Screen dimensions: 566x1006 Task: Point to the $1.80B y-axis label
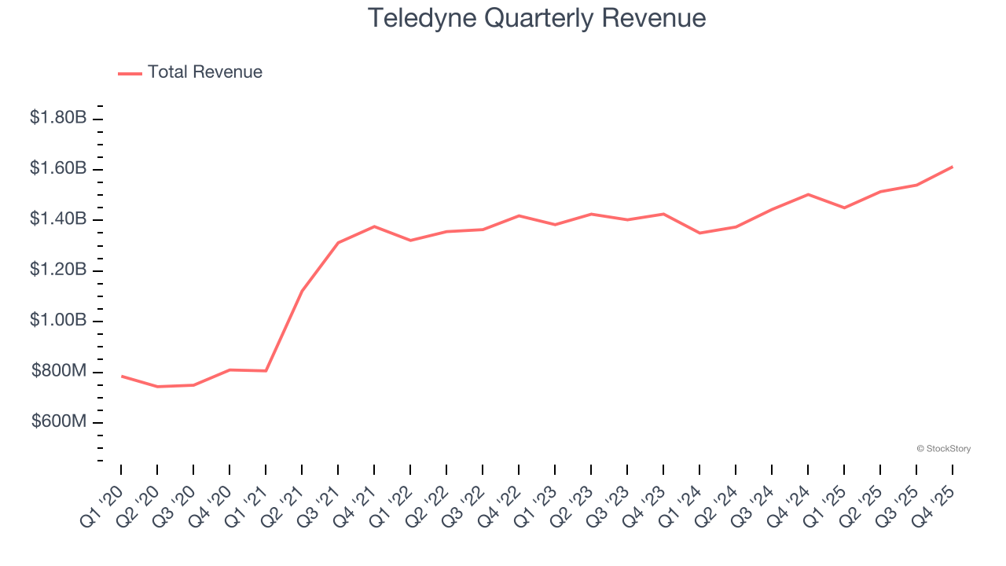click(x=58, y=118)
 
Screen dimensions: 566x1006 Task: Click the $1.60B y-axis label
click(x=58, y=168)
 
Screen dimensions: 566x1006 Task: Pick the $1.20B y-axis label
click(x=58, y=270)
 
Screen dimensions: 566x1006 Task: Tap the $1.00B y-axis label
click(x=58, y=321)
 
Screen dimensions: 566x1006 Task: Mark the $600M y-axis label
click(x=59, y=422)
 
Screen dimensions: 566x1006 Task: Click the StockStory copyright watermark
click(x=943, y=449)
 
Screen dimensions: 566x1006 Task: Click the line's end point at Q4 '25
click(x=953, y=167)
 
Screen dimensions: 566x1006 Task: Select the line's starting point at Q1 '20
click(x=121, y=376)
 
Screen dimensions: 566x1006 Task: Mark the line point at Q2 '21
click(x=302, y=291)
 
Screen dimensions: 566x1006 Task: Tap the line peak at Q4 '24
click(x=808, y=194)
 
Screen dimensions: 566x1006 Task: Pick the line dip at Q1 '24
click(x=699, y=233)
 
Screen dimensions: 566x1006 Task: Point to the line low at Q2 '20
click(x=157, y=387)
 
